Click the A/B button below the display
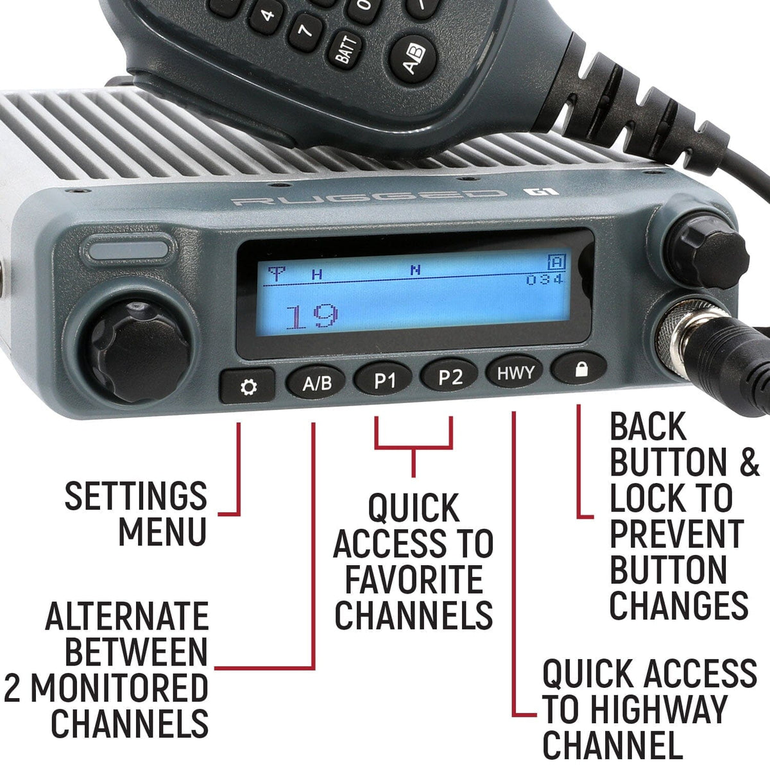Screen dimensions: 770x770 click(x=317, y=384)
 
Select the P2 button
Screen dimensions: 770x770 click(x=450, y=377)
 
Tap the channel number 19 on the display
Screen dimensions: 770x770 click(x=312, y=316)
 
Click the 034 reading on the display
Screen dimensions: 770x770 click(x=545, y=280)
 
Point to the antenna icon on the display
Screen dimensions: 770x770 click(x=276, y=275)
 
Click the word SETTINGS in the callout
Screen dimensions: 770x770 click(x=136, y=496)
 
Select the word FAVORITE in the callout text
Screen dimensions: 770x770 click(x=414, y=579)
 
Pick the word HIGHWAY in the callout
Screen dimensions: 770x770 click(x=658, y=710)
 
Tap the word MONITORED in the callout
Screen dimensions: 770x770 click(x=119, y=688)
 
